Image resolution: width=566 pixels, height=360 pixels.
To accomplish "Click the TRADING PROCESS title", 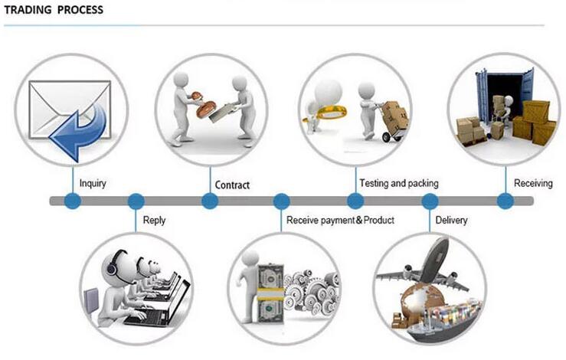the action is pyautogui.click(x=54, y=10).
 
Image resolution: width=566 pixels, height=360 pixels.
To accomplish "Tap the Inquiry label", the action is pyautogui.click(x=93, y=183).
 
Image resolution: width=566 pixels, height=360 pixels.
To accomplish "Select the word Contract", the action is pyautogui.click(x=232, y=185).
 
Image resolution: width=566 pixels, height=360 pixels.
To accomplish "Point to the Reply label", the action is pyautogui.click(x=154, y=221).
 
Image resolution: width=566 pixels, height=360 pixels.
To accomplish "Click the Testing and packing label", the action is pyautogui.click(x=399, y=183).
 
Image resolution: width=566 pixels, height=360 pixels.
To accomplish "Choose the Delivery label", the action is pyautogui.click(x=451, y=220).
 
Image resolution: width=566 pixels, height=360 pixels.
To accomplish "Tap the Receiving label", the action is pyautogui.click(x=533, y=183).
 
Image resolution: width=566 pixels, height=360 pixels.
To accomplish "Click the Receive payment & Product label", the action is pyautogui.click(x=340, y=221).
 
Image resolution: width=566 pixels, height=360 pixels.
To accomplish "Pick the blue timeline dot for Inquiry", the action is pyautogui.click(x=73, y=201).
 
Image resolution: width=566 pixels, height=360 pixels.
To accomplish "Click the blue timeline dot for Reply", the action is pyautogui.click(x=136, y=201).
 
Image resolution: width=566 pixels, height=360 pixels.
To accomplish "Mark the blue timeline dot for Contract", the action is pyautogui.click(x=210, y=201).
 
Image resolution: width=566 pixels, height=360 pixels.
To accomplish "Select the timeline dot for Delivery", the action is pyautogui.click(x=430, y=201).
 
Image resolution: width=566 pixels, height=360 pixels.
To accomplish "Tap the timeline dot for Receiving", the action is pyautogui.click(x=505, y=201).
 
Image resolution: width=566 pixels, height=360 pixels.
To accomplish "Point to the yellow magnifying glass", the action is pyautogui.click(x=328, y=113).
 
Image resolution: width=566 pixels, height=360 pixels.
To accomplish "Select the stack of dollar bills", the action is pyautogui.click(x=270, y=294).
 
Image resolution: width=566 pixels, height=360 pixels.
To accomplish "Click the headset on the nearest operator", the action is pyautogui.click(x=113, y=264).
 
